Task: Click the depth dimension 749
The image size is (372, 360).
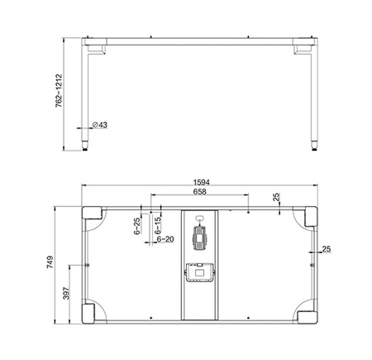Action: pyautogui.click(x=51, y=263)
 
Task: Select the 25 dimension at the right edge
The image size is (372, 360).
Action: pyautogui.click(x=327, y=248)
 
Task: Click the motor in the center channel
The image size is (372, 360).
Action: pyautogui.click(x=199, y=238)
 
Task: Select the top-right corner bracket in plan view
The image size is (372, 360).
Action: pyautogui.click(x=308, y=218)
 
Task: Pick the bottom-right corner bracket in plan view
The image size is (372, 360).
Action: pyautogui.click(x=308, y=313)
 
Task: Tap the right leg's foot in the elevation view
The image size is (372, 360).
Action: pyautogui.click(x=312, y=147)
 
